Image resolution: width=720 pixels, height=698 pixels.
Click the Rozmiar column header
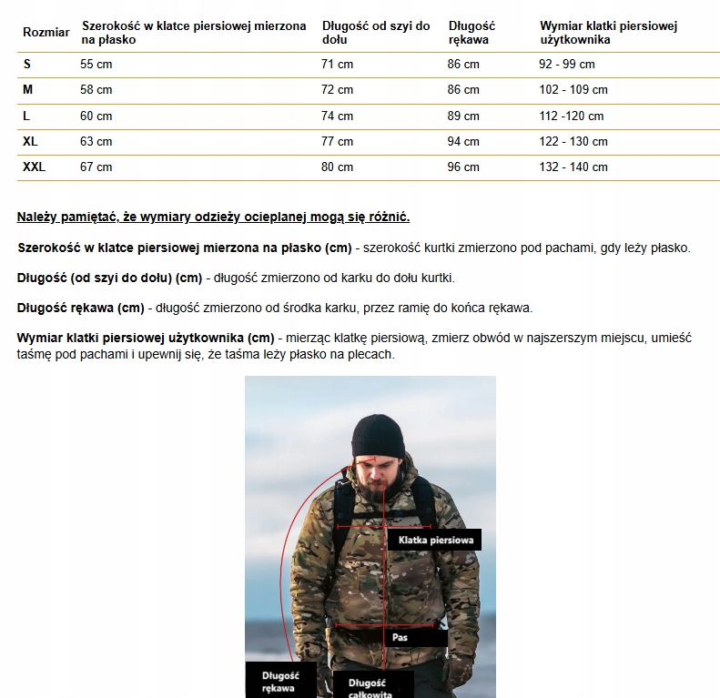coord(46,33)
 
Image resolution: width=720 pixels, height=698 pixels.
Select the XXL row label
coord(34,167)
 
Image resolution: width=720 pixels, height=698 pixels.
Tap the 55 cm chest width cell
coord(96,65)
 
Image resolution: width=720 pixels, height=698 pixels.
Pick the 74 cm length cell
coord(337,116)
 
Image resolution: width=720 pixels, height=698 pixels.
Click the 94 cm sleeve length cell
coord(463,142)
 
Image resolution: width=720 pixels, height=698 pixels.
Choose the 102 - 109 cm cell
coord(573,90)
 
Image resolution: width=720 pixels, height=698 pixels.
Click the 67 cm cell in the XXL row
coord(96,167)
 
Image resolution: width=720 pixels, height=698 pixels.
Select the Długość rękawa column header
coord(472,33)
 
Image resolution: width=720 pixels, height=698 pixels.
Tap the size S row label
coord(27,65)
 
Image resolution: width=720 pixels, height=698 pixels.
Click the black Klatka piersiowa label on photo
coord(435,540)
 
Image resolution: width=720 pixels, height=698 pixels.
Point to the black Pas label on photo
coord(401,637)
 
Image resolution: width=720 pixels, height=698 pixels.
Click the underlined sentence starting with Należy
coord(213,217)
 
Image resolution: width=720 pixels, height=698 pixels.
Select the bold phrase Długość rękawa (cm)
coord(80,308)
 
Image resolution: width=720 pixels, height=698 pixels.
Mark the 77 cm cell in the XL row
coord(337,142)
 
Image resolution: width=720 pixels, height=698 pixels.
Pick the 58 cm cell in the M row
coord(96,90)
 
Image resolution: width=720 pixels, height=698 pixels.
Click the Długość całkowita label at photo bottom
coord(368,687)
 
